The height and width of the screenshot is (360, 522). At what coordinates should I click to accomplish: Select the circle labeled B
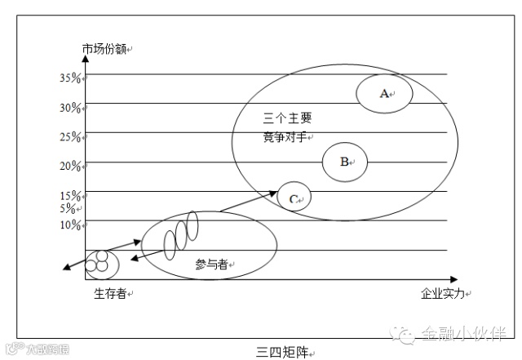pos(344,161)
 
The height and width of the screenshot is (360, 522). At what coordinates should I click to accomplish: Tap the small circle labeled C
pos(294,197)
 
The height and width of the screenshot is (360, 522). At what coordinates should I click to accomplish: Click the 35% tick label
pos(70,78)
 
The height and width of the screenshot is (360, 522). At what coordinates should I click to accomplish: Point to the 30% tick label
pos(70,108)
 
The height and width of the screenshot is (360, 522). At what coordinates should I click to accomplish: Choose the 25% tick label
pos(70,136)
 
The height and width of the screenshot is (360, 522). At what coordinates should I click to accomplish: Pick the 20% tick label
pos(70,166)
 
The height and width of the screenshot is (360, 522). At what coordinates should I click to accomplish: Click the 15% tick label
pos(70,195)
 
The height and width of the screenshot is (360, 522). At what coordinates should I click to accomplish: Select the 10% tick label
pos(70,224)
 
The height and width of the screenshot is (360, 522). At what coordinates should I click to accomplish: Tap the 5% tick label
pos(67,208)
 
